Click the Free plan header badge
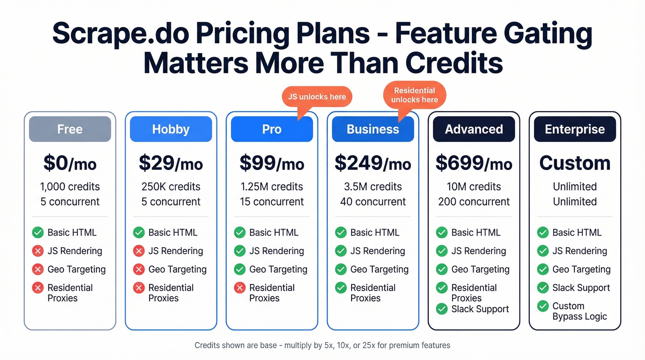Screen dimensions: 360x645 pos(70,129)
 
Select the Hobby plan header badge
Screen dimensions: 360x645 pos(170,129)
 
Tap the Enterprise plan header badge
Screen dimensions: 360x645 pos(575,129)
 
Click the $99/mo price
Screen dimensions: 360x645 pos(271,163)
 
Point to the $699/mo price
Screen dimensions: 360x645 pos(474,163)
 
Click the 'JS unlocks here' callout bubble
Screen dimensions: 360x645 pos(317,97)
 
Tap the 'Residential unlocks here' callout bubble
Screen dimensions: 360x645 pos(415,95)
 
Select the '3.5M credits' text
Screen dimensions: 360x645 pos(373,187)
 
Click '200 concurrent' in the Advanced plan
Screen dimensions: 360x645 pos(474,201)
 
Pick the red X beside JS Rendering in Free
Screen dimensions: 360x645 pos(38,251)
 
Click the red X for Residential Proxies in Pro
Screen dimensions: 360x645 pos(240,288)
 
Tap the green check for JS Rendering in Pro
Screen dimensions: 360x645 pos(240,251)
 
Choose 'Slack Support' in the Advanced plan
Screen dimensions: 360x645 pos(480,309)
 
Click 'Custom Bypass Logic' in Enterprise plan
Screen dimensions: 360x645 pos(579,311)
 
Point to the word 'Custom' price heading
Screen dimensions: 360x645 pos(575,163)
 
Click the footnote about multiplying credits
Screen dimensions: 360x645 pos(322,345)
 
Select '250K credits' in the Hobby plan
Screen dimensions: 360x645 pos(170,187)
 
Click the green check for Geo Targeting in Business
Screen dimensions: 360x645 pos(340,269)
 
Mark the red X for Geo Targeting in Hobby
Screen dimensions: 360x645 pos(139,269)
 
